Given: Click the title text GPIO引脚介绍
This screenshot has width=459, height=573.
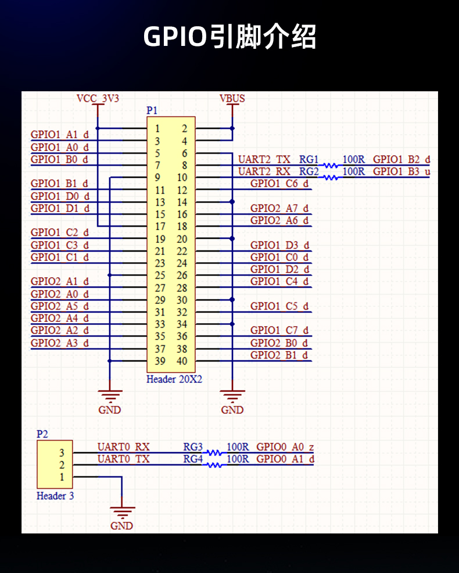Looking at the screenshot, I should [x=229, y=37].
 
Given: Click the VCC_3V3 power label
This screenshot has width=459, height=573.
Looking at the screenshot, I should [x=98, y=98].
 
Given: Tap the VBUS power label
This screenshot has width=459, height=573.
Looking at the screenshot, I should [x=232, y=98].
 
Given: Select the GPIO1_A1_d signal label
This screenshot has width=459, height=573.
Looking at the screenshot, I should [x=59, y=135].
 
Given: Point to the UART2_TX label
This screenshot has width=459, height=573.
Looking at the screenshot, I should [x=264, y=159].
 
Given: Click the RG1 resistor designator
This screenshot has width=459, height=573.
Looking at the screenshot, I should [x=309, y=159].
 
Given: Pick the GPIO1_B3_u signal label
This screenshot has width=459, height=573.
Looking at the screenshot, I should [x=401, y=171].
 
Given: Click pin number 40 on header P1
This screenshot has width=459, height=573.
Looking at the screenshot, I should [x=182, y=361].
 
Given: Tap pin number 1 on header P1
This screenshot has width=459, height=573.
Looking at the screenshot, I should [x=158, y=128].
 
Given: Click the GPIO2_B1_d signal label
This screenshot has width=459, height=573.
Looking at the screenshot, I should [x=279, y=355].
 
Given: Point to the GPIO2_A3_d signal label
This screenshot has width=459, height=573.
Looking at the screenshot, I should [x=59, y=343].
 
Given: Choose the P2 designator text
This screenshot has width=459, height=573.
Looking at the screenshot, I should [x=42, y=434].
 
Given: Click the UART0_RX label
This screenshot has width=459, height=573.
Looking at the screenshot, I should [x=123, y=447].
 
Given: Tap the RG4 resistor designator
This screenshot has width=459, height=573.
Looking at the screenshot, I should [x=193, y=459].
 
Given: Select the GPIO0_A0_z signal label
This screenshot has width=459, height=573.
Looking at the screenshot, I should [x=285, y=447].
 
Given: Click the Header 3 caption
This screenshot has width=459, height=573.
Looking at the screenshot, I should [x=55, y=496].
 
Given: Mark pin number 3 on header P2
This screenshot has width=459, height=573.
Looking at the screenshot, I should [x=62, y=453].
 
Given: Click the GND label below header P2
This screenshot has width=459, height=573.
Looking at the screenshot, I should [x=121, y=525].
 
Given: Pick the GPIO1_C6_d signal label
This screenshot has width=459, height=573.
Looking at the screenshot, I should [x=279, y=184].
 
